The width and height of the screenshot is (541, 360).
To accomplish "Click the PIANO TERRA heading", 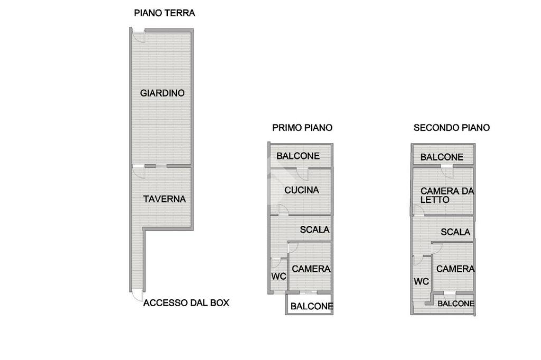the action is tap(164, 13).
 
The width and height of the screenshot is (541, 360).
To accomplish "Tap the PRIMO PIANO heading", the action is tap(302, 128).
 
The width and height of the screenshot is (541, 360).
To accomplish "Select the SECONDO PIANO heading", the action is tap(452, 128).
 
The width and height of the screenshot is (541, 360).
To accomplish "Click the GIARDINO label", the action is tap(162, 93).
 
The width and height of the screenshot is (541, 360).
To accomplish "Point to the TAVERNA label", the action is tap(165, 200).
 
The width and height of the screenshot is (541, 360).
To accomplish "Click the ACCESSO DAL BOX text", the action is tap(186, 303).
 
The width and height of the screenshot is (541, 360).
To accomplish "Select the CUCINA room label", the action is tap(302, 191).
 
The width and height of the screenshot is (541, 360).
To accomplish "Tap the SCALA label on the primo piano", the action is tap(314, 230).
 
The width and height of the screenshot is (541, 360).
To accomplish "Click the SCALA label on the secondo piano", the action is tap(455, 232).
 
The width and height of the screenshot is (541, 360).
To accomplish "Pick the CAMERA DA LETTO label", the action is tap(447, 195).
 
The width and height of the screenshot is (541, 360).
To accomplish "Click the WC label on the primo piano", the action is tap(278, 276).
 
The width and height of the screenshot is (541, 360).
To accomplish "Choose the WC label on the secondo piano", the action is tap(421, 282).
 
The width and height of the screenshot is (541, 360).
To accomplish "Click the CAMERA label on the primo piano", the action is tap(311, 269).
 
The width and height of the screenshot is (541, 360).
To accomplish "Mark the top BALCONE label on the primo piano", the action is tap(298, 156).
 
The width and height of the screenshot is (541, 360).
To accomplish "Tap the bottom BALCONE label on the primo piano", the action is tap(312, 306).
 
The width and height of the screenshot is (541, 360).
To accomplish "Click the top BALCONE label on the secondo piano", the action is tap(442, 158).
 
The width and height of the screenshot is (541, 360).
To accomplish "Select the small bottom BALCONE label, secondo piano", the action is tap(456, 304).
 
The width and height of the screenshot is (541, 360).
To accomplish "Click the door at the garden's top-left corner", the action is tap(139, 36).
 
